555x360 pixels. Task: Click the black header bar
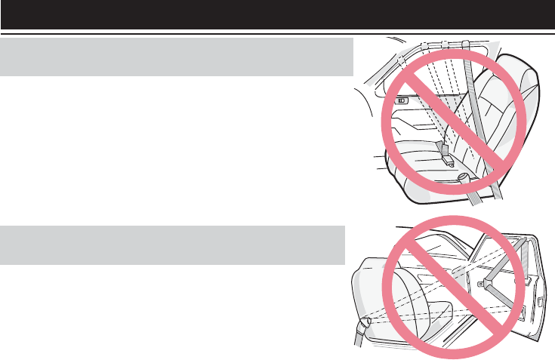[277, 14]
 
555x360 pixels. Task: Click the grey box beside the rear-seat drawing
[177, 57]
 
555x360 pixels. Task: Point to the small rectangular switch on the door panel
[401, 100]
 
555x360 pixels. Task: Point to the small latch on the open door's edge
[541, 301]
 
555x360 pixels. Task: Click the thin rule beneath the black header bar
[277, 33]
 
